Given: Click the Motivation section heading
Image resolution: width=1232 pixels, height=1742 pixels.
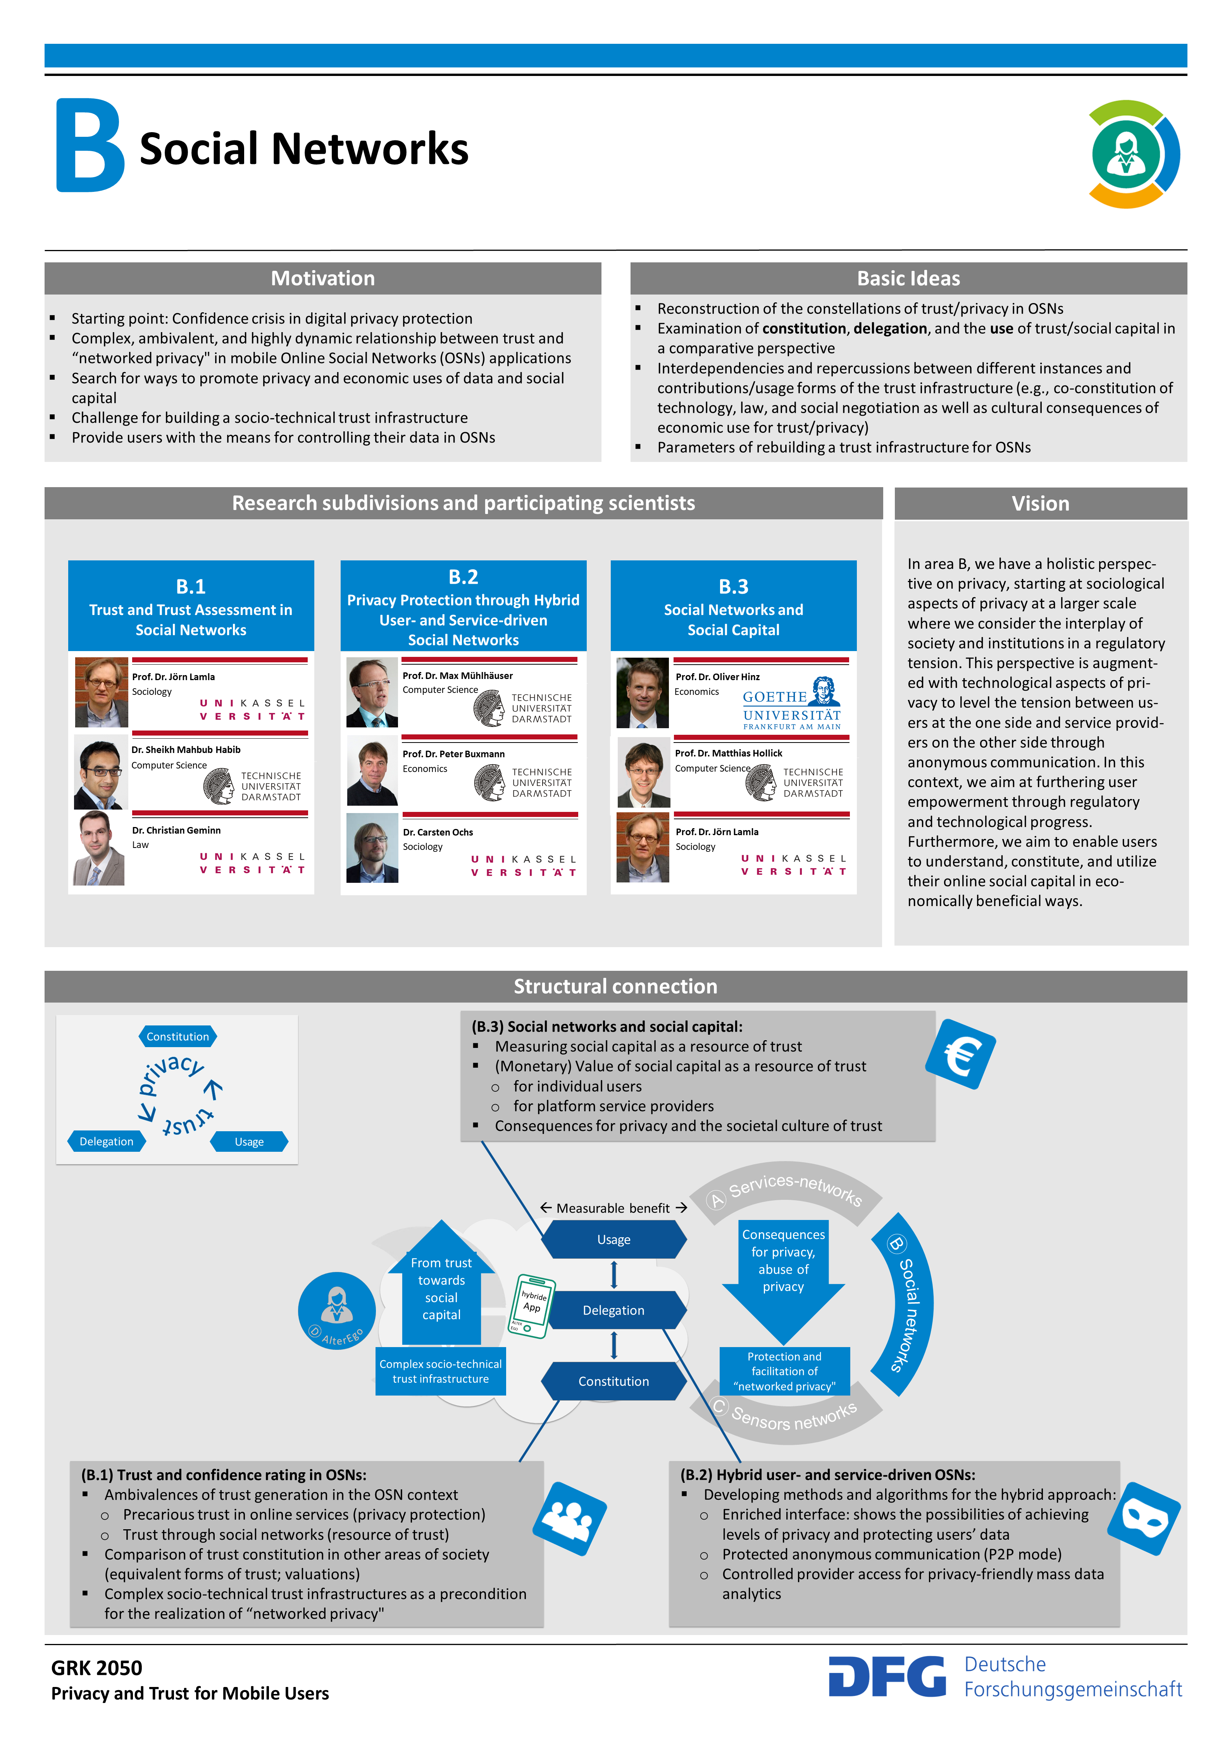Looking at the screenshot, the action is coord(322,278).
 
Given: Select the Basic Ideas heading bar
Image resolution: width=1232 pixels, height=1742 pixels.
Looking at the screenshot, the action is coord(908,278).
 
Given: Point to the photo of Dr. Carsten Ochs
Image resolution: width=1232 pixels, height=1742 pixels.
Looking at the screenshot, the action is coord(372,848).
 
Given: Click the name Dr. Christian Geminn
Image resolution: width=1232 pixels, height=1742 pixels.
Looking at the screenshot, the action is coord(176,830).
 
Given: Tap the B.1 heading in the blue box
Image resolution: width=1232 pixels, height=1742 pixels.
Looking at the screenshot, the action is coord(191,586).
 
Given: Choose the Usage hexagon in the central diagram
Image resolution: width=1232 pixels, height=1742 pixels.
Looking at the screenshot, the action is coord(614,1240).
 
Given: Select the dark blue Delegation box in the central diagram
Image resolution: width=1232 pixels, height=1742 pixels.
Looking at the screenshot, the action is coord(614,1310).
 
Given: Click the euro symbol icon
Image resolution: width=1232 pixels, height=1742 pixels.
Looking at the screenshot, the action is coord(960,1054).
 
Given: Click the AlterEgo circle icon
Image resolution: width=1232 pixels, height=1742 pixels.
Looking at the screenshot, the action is coord(337,1310).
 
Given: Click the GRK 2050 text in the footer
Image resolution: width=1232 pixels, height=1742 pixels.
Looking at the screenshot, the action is coord(96,1668).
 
